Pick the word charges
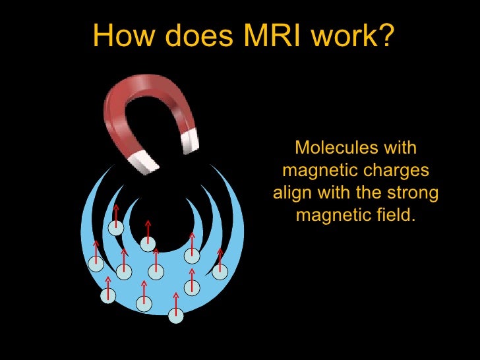(x=400, y=171)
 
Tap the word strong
(x=413, y=194)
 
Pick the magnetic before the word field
(x=334, y=216)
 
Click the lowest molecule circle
(x=175, y=316)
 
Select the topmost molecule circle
(x=116, y=228)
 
